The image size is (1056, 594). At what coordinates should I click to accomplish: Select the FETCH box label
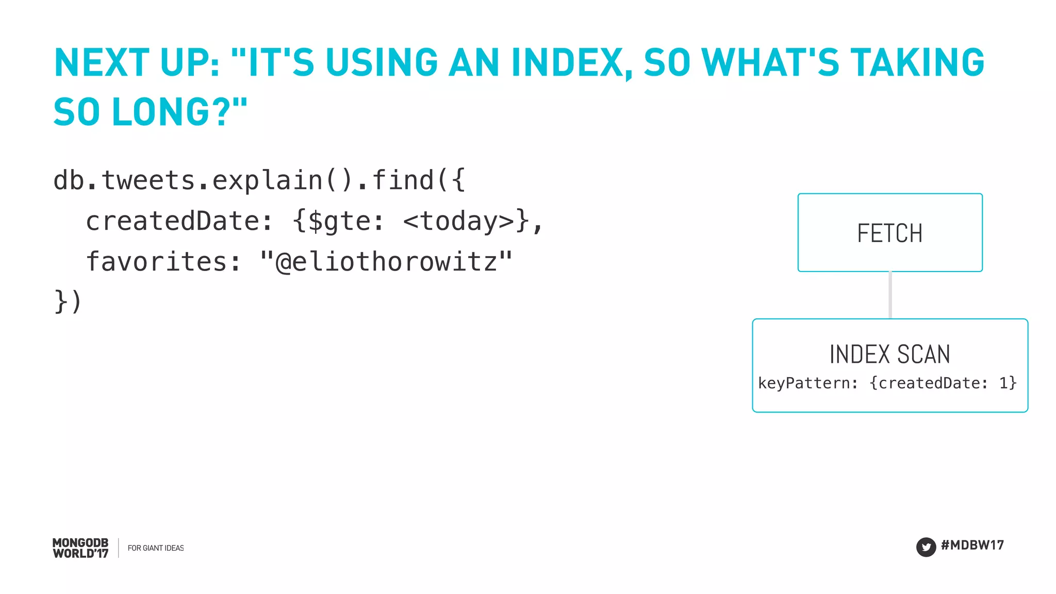[889, 233]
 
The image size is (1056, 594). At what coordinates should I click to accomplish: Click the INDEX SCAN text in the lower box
[889, 354]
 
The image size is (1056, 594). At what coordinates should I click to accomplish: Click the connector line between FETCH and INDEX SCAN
[890, 295]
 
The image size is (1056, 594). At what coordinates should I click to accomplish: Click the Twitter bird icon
[926, 547]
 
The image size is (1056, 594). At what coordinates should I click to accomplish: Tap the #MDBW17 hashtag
[972, 545]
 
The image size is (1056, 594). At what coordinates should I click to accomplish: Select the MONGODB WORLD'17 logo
[80, 548]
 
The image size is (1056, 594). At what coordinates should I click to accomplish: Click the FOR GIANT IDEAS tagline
[156, 548]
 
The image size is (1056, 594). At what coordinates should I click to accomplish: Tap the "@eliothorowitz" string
[386, 262]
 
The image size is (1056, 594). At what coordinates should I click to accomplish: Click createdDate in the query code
[172, 222]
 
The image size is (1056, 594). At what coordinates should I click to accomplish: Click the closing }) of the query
[68, 301]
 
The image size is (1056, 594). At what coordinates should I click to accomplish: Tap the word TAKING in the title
[917, 63]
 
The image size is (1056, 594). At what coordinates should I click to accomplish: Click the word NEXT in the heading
[102, 63]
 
